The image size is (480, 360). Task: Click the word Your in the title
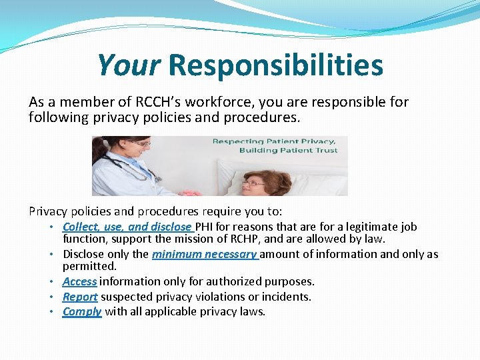pyautogui.click(x=128, y=65)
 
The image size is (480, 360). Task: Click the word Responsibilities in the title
pyautogui.click(x=275, y=65)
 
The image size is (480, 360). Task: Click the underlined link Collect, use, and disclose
pyautogui.click(x=127, y=227)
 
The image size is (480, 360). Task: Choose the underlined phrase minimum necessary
pyautogui.click(x=204, y=254)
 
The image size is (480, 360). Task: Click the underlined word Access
pyautogui.click(x=79, y=282)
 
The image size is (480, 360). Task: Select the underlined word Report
pyautogui.click(x=80, y=297)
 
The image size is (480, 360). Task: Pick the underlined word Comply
pyautogui.click(x=82, y=311)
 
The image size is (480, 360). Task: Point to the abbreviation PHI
pyautogui.click(x=204, y=227)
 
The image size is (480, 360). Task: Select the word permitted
pyautogui.click(x=89, y=265)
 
